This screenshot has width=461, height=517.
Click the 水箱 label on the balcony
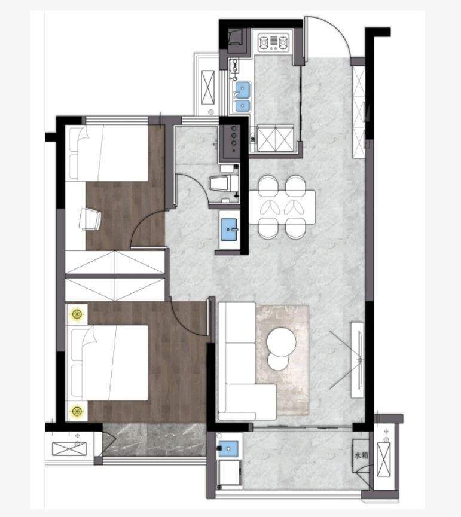click(361, 455)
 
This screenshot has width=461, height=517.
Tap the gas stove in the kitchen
click(273, 42)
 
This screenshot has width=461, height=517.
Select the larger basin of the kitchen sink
click(242, 90)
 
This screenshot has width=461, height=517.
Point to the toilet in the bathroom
click(224, 183)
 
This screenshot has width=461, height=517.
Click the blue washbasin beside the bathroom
click(229, 230)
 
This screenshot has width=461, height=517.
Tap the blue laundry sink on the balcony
click(228, 448)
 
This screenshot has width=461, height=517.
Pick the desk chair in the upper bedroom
click(90, 219)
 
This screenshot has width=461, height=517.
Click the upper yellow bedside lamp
click(77, 314)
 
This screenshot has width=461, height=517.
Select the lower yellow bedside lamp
click(77, 411)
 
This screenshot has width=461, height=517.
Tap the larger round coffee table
click(281, 342)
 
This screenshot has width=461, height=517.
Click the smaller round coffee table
click(278, 361)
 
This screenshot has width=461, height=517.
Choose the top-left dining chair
click(268, 185)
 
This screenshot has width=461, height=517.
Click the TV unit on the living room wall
click(358, 360)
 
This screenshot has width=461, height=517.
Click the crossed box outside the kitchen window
click(207, 87)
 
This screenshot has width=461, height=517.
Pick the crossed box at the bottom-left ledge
click(69, 449)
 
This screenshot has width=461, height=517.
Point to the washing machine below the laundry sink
click(229, 473)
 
